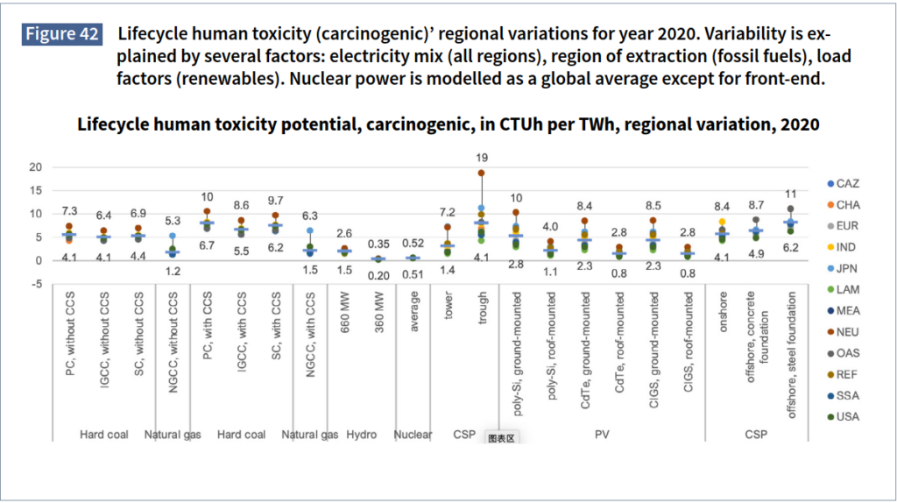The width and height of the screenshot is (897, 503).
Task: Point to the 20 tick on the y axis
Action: pos(35,167)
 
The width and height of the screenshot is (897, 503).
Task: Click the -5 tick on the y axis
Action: pos(35,283)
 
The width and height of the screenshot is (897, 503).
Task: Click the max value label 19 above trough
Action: pos(480,158)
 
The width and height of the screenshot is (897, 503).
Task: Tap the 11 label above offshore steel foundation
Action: pos(791,194)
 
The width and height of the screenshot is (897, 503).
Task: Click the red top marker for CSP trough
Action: pos(480,173)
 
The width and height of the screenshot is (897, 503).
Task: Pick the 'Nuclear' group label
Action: pos(413,434)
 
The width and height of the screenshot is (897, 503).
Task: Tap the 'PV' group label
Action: pos(601,434)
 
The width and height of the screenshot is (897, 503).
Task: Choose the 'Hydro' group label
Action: pos(361,434)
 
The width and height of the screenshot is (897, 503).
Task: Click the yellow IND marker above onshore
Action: pos(722,223)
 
